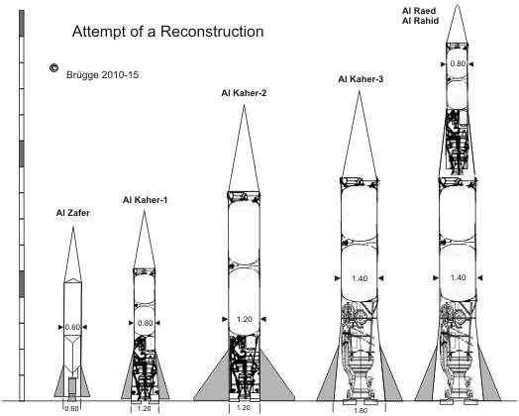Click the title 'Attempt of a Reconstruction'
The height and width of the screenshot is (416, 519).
pyautogui.click(x=167, y=32)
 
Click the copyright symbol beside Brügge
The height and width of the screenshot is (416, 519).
pyautogui.click(x=53, y=67)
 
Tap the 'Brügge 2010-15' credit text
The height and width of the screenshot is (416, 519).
pyautogui.click(x=103, y=75)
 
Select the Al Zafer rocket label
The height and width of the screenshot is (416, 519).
pyautogui.click(x=73, y=213)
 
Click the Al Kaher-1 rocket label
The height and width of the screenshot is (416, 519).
pyautogui.click(x=145, y=200)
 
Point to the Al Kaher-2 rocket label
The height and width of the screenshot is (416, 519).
pyautogui.click(x=244, y=93)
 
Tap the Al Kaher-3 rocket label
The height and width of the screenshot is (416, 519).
pyautogui.click(x=361, y=79)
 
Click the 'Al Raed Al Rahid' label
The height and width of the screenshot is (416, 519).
pyautogui.click(x=420, y=16)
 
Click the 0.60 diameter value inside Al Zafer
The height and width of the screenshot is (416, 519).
pyautogui.click(x=72, y=327)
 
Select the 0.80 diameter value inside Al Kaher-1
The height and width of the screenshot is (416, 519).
pyautogui.click(x=145, y=323)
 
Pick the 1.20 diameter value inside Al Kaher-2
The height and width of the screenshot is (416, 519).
pyautogui.click(x=245, y=319)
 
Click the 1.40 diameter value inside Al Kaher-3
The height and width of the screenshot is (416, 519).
pyautogui.click(x=360, y=278)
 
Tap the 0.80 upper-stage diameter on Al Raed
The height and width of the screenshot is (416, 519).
pyautogui.click(x=458, y=63)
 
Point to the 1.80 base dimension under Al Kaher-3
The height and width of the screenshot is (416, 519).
pyautogui.click(x=361, y=411)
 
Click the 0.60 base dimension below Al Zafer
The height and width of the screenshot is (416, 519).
pyautogui.click(x=71, y=409)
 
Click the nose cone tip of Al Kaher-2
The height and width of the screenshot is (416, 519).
pyautogui.click(x=244, y=105)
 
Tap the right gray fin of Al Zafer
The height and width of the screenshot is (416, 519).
pyautogui.click(x=85, y=385)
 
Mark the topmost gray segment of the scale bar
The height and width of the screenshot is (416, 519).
pyautogui.click(x=22, y=23)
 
